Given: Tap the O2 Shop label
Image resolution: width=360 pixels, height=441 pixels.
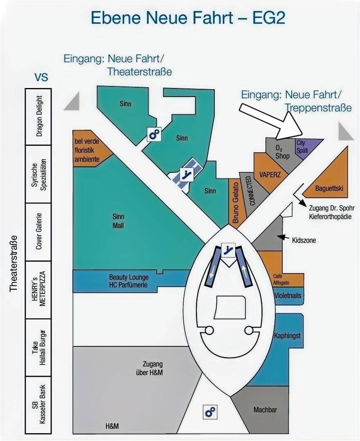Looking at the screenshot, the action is point(282,152).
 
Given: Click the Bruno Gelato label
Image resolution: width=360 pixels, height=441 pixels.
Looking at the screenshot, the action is point(236,203).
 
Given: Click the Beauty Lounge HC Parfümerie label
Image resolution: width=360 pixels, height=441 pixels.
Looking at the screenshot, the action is point(128,281).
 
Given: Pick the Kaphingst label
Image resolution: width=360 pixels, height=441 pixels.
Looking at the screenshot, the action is point(287,335).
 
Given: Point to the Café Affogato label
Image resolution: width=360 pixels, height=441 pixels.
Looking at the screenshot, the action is point(281,280).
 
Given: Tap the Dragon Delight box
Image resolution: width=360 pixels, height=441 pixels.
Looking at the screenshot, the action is point(38,117).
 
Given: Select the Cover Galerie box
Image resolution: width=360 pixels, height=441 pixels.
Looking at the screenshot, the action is point(38,232).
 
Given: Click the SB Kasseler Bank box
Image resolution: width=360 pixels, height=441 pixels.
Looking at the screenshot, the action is point(38,405).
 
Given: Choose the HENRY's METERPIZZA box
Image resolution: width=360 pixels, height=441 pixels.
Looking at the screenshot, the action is point(38,289).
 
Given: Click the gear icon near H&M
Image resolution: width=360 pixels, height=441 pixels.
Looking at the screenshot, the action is point(210,412).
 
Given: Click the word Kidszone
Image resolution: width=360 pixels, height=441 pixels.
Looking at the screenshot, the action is point(304,240).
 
